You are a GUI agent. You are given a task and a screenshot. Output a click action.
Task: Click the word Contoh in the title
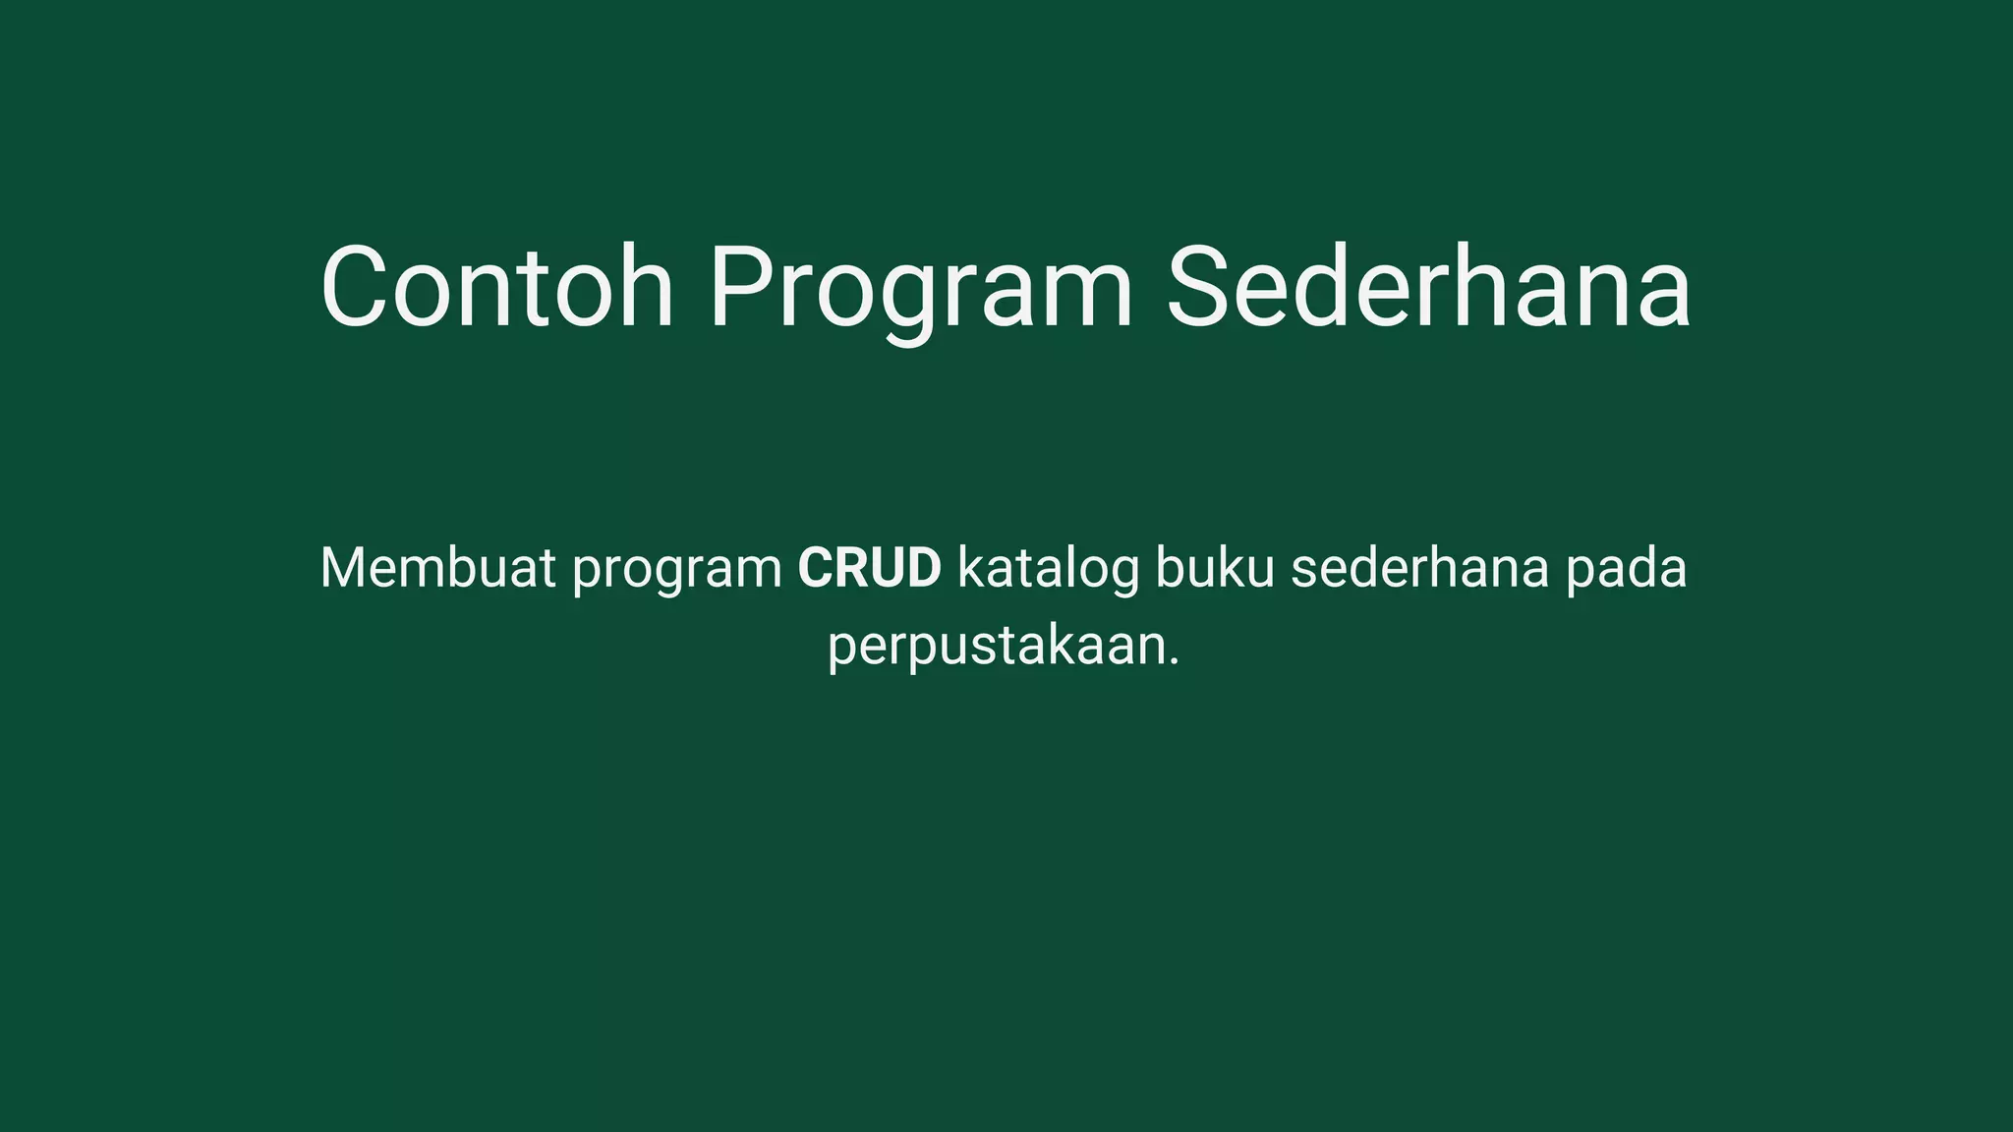[x=497, y=287]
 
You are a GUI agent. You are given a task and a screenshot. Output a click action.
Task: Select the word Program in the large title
[x=921, y=289]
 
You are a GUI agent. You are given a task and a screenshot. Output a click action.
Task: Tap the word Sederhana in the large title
[x=1428, y=287]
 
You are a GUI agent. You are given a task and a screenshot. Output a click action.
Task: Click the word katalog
[x=1048, y=570]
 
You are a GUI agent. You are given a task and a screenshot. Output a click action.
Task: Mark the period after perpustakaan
[x=1173, y=662]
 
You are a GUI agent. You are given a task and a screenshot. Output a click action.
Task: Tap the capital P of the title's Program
[x=739, y=287]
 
